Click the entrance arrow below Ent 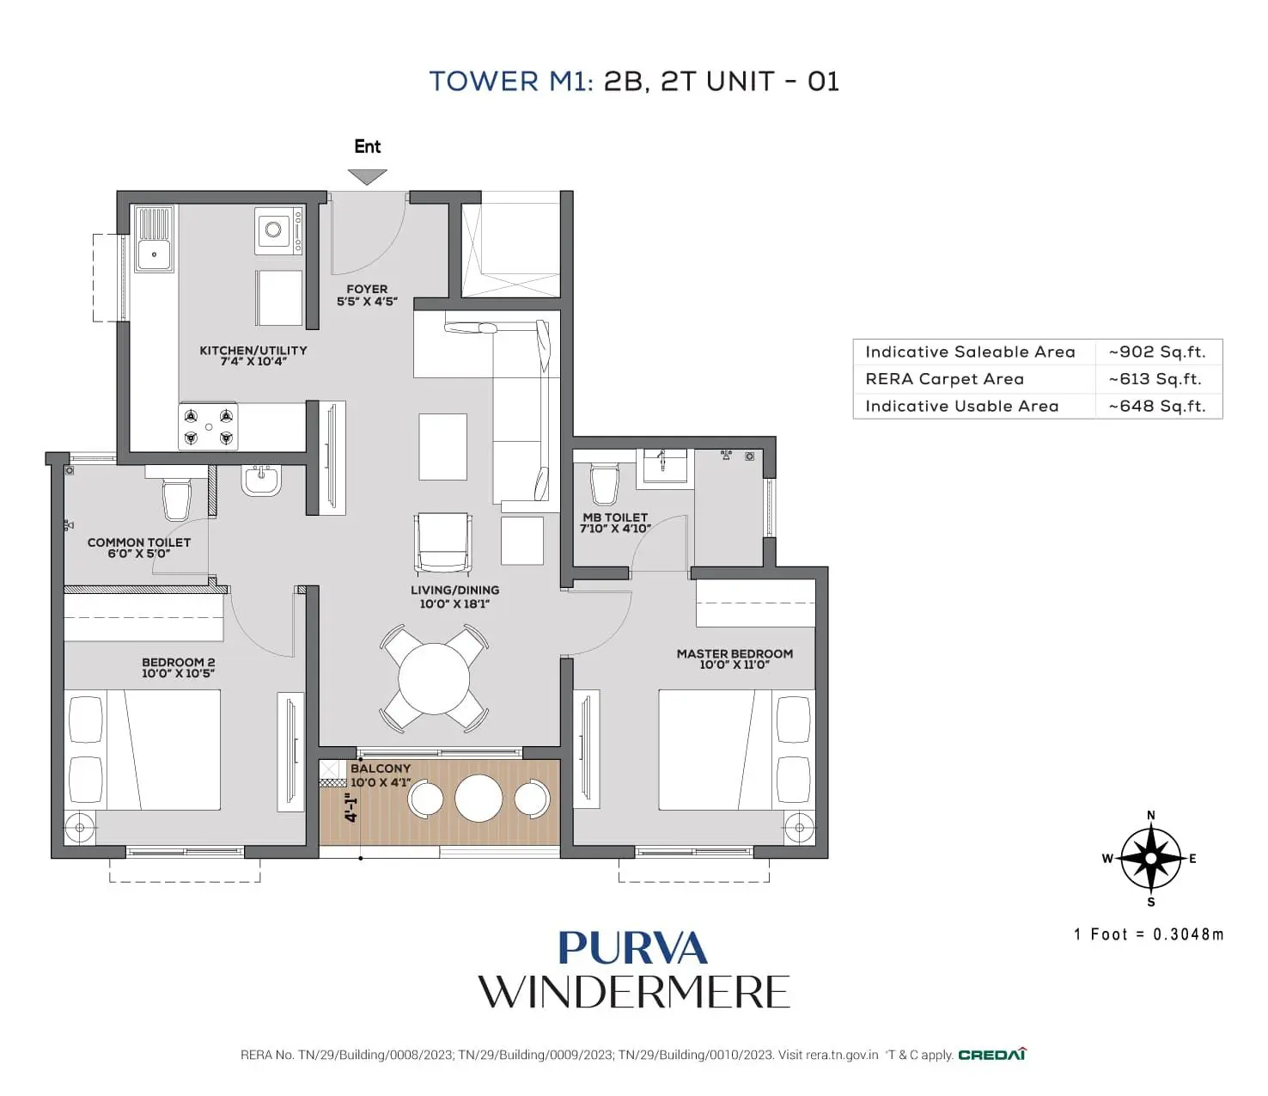[x=367, y=177]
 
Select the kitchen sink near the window [x=155, y=239]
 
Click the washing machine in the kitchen [x=278, y=230]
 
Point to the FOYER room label [x=367, y=295]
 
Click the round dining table [x=434, y=679]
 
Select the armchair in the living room [x=443, y=542]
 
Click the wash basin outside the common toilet [x=260, y=480]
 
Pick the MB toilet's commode [x=605, y=484]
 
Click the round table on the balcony [x=479, y=799]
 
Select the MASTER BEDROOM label [x=735, y=658]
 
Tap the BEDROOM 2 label [x=178, y=667]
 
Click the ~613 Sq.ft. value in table [x=1155, y=379]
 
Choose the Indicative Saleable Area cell [x=970, y=352]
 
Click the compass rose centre [x=1151, y=858]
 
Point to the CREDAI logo [x=992, y=1055]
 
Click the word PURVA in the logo [x=633, y=948]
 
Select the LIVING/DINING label [x=454, y=597]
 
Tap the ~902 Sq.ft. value [x=1156, y=352]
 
